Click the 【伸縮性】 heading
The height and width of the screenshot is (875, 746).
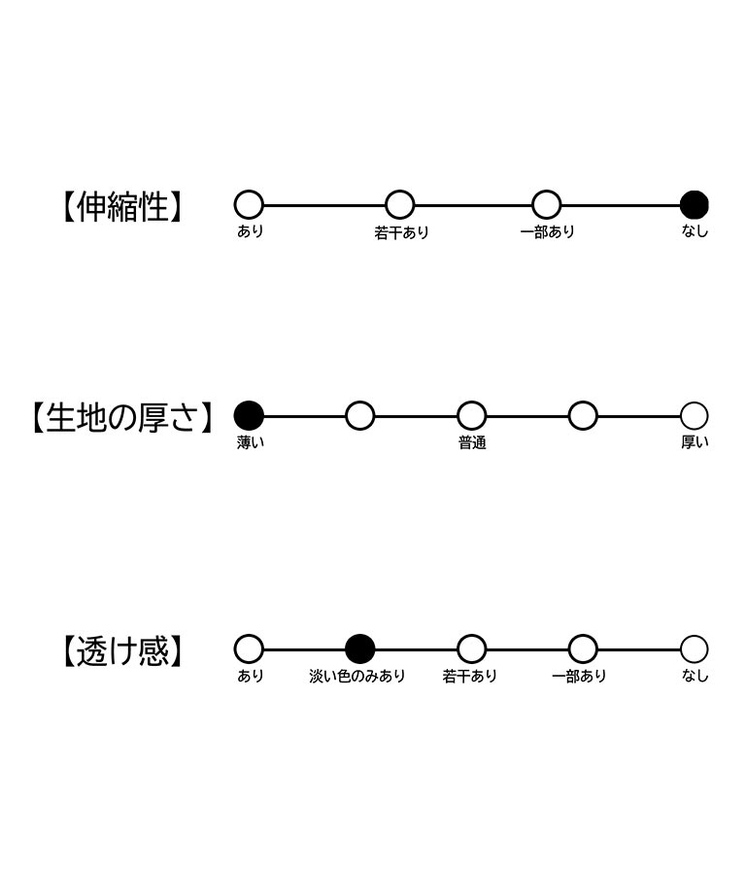[120, 207]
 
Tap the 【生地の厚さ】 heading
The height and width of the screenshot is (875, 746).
[120, 417]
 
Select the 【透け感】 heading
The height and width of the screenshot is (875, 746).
[120, 650]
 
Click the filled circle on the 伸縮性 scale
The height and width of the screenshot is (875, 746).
[695, 205]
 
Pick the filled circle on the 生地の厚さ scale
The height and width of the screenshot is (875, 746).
[249, 416]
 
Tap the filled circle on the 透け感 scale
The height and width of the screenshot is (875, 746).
[360, 649]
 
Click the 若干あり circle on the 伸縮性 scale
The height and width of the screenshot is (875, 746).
[400, 205]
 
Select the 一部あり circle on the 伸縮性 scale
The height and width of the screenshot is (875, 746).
[547, 205]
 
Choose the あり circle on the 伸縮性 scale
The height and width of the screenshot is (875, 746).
[249, 205]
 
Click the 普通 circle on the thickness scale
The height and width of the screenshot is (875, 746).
[472, 416]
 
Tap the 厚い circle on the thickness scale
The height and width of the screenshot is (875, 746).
[695, 416]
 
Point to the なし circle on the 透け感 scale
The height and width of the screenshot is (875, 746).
[695, 649]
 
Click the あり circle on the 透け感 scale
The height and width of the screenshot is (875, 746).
[249, 649]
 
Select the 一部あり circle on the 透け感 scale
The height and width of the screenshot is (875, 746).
[583, 649]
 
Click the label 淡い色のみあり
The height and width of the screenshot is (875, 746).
[357, 676]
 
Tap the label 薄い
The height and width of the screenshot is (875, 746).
[251, 442]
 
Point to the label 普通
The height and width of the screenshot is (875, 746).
[472, 442]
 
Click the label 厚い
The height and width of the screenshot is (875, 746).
[695, 442]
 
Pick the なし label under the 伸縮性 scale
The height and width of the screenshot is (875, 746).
[695, 231]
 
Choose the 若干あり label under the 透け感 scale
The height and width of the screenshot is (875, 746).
[470, 676]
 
